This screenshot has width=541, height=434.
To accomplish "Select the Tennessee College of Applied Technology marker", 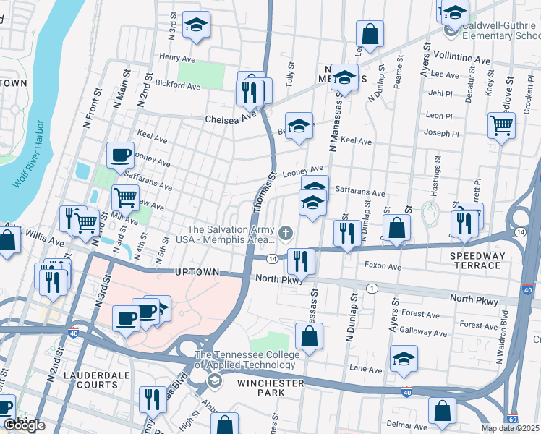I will (213, 380).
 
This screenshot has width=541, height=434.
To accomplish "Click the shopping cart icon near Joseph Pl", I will (500, 124).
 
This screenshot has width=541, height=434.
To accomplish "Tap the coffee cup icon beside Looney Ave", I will (120, 153).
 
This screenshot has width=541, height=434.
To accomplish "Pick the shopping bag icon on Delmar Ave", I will (442, 410).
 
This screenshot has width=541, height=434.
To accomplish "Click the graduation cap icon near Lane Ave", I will (404, 358).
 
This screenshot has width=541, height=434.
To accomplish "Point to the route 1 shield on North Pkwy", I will (372, 289).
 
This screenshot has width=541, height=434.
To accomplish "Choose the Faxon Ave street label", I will (383, 266).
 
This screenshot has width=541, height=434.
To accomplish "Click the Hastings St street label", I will (436, 176).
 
